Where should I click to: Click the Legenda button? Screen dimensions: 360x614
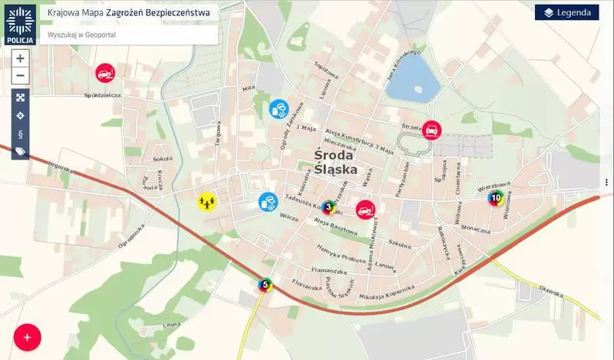pyautogui.click(x=566, y=12)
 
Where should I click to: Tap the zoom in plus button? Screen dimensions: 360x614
pyautogui.click(x=20, y=58)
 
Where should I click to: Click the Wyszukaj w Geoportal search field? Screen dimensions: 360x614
pyautogui.click(x=127, y=35)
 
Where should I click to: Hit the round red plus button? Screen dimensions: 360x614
pyautogui.click(x=27, y=337)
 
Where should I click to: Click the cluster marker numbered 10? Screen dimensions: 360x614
pyautogui.click(x=496, y=197)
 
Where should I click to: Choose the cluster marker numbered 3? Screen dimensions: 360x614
pyautogui.click(x=328, y=206)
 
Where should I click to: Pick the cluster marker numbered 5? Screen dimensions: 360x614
pyautogui.click(x=266, y=286)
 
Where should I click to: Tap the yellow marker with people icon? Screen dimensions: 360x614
pyautogui.click(x=206, y=201)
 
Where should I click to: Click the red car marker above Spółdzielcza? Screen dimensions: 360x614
pyautogui.click(x=104, y=73)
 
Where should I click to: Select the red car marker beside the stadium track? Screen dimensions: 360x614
pyautogui.click(x=431, y=129)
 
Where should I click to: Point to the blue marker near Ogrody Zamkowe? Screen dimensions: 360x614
pyautogui.click(x=279, y=108)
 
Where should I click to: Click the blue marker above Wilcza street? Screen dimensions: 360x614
pyautogui.click(x=268, y=202)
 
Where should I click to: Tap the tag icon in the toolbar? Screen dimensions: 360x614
pyautogui.click(x=20, y=151)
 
